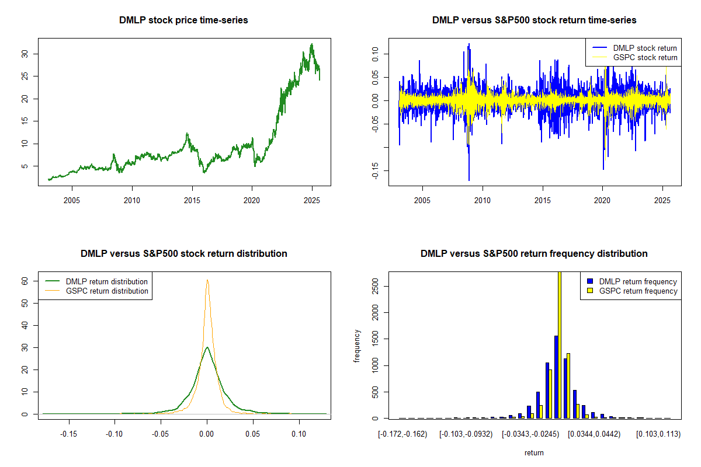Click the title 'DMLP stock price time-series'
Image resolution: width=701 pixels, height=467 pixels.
pos(183,20)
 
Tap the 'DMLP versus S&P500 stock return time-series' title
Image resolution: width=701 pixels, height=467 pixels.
pos(534,20)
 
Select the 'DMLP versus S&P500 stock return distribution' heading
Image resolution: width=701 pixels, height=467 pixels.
pos(183,254)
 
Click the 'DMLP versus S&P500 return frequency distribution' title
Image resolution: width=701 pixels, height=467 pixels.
pos(534,254)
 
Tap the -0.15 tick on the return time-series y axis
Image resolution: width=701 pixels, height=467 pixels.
pos(376,170)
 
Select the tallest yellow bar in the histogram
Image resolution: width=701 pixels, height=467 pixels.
pos(559,344)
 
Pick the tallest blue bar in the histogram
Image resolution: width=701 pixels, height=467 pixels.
pos(556,377)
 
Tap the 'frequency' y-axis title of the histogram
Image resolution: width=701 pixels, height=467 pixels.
pos(357,346)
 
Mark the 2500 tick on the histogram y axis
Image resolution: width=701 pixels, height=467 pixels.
pos(376,286)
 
